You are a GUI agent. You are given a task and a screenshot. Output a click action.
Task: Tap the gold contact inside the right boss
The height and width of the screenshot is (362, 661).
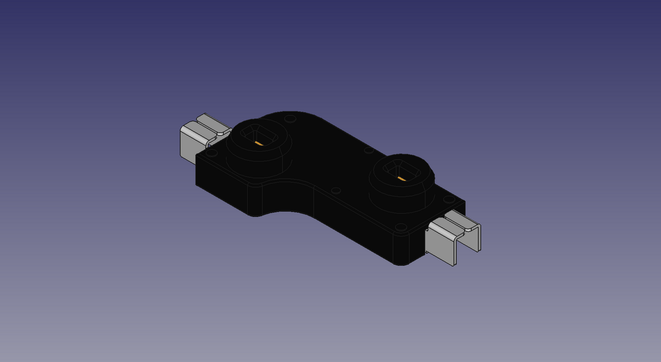coord(402,179)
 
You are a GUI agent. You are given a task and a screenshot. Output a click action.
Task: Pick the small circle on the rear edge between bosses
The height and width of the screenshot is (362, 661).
coord(369,150)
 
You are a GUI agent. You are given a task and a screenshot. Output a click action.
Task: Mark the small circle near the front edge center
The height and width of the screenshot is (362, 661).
coord(335,191)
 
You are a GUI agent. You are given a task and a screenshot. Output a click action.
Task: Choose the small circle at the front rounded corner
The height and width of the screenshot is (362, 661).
coord(402,227)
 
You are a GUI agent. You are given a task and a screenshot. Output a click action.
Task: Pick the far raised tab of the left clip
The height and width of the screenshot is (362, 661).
coord(213,123)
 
